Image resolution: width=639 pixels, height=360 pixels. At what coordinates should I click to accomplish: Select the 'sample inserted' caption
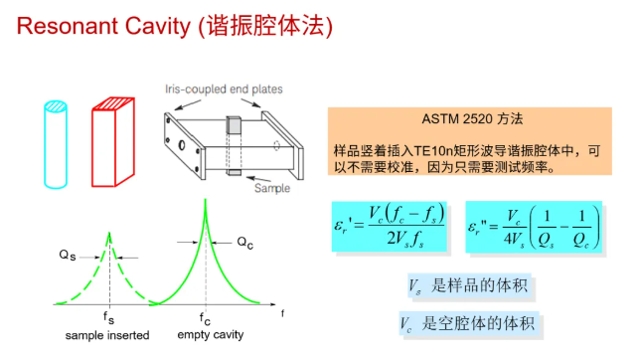pos(107,335)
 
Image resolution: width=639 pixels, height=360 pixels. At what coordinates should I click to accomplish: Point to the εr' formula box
pos(391,227)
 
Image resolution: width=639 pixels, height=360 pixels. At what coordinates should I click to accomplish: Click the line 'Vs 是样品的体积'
pos(468,286)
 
